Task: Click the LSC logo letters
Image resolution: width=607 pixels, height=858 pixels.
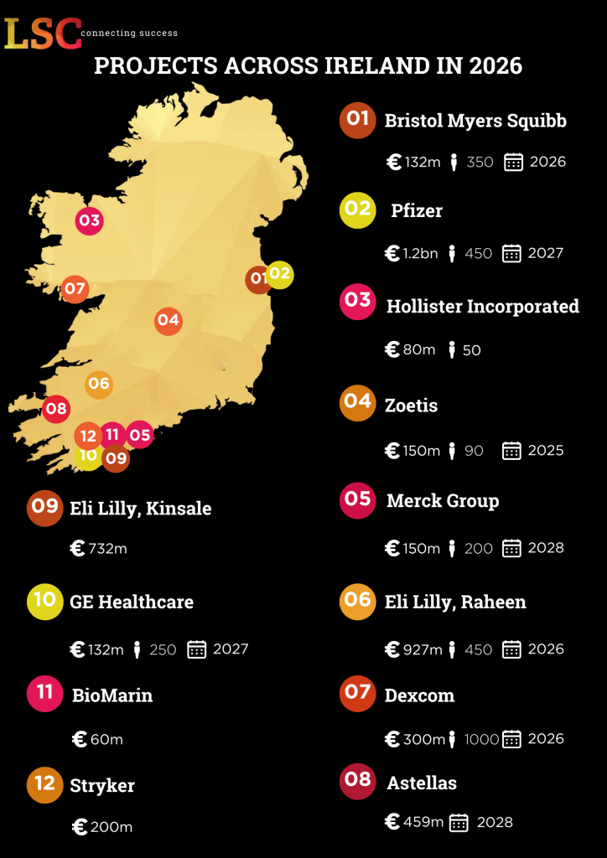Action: (43, 33)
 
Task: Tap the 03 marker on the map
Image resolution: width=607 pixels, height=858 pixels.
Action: (89, 221)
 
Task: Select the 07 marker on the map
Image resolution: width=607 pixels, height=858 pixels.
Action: (75, 289)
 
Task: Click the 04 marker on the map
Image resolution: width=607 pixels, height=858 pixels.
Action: (169, 320)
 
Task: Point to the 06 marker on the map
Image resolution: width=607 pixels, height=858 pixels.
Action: (99, 384)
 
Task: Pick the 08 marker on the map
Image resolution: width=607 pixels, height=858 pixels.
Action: (56, 410)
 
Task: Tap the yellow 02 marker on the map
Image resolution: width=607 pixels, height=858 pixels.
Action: (280, 273)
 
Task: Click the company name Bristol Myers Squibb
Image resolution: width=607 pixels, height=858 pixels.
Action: (475, 121)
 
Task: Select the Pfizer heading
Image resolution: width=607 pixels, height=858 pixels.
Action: (417, 210)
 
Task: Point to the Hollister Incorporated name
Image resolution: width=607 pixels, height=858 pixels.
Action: (482, 307)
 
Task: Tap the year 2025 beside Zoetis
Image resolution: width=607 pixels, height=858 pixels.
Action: (546, 451)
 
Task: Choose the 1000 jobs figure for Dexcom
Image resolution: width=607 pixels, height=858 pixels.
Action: (480, 739)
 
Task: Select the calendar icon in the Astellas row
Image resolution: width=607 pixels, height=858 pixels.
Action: (459, 823)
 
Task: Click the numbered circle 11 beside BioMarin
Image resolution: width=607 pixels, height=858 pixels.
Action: (44, 693)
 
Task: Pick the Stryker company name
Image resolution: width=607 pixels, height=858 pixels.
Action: (102, 785)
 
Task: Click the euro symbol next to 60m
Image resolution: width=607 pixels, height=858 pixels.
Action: (80, 739)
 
